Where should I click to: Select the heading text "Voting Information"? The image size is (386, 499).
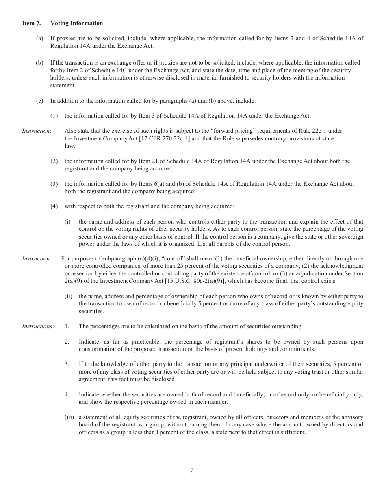point(76,23)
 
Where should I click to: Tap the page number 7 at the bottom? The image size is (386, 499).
point(191,471)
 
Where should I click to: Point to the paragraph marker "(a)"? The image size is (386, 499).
point(39,39)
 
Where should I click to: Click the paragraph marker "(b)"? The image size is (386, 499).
point(39,63)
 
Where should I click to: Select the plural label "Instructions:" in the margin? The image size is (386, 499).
point(37,326)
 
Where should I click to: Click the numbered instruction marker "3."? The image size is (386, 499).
point(67,364)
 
